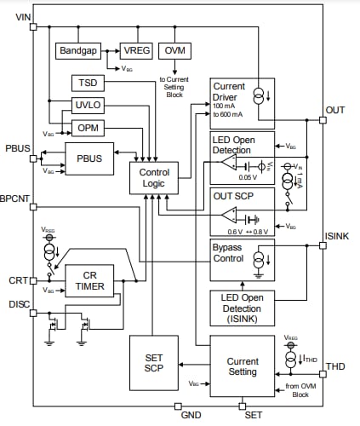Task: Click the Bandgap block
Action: coord(79,51)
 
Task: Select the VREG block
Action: coord(135,51)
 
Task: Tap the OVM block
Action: coord(176,51)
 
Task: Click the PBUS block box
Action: coord(89,159)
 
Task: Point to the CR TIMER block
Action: coord(89,279)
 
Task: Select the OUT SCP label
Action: coord(233,195)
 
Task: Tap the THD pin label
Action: coord(336,366)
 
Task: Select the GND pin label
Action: coord(191,415)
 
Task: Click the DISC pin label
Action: coord(19,303)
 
